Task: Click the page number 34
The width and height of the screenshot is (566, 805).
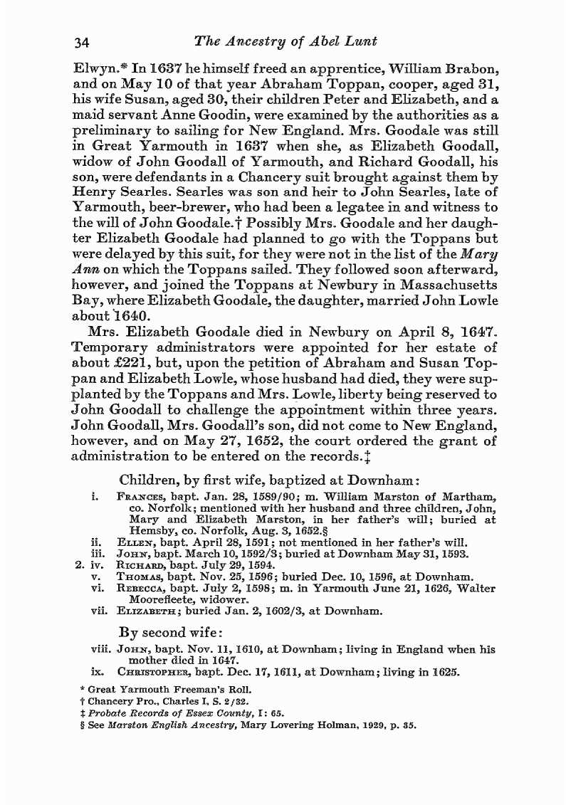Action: coord(84,42)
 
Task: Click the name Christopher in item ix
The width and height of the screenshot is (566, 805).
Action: coord(161,671)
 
